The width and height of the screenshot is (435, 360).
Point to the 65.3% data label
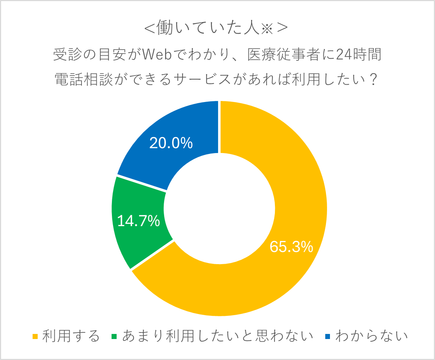coord(291,247)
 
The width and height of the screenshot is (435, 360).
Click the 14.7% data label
coord(138,221)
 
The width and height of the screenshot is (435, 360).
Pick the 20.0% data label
coord(171,144)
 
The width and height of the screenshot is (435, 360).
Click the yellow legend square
coord(35,336)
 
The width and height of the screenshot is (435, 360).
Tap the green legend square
coord(115,336)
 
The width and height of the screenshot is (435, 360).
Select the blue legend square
coord(328,336)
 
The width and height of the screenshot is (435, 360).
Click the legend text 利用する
coord(71,336)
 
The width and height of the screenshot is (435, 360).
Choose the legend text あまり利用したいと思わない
coord(217,336)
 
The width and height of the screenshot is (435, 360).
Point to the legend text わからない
coord(371,336)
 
